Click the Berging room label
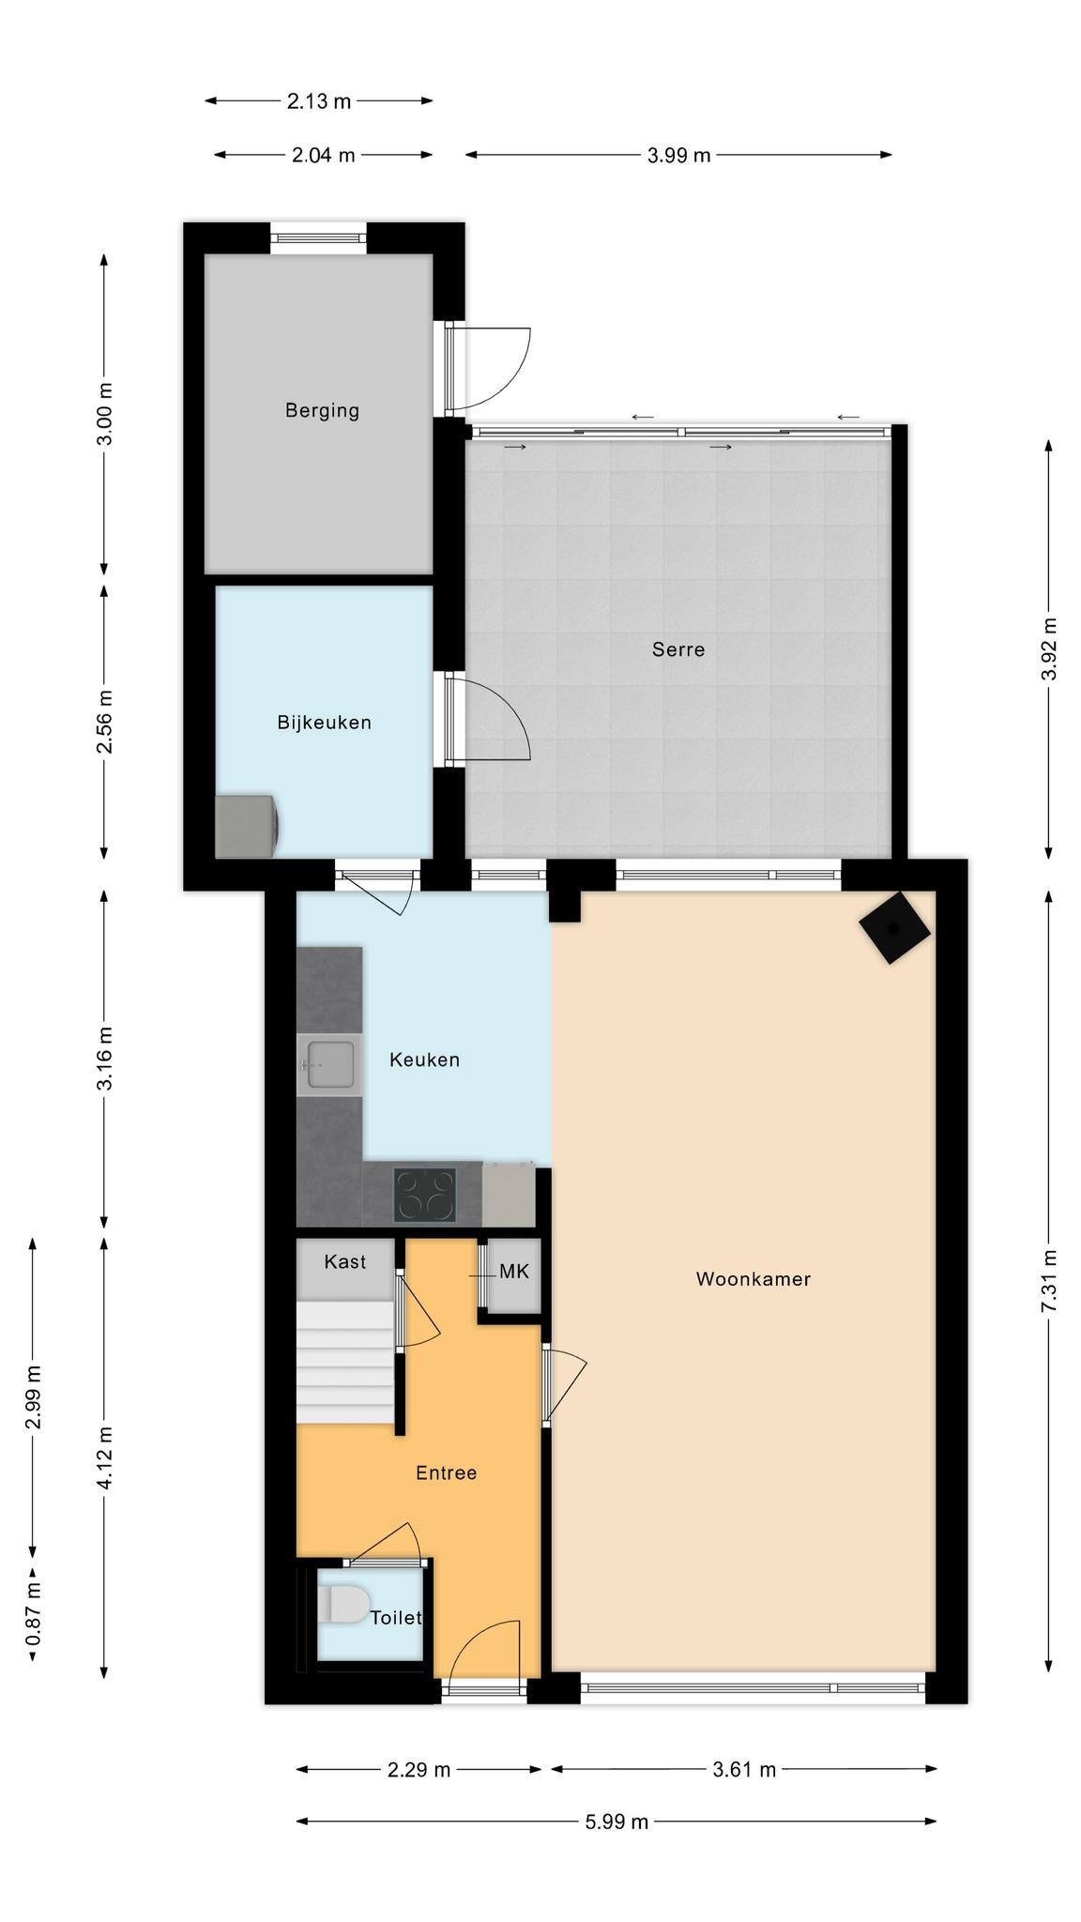[x=322, y=410]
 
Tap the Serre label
[x=678, y=648]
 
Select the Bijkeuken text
[x=324, y=722]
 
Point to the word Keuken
[x=424, y=1060]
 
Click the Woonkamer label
[x=754, y=1278]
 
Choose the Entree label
[x=446, y=1472]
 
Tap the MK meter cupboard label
[x=514, y=1272]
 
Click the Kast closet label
[x=344, y=1261]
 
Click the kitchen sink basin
[x=331, y=1064]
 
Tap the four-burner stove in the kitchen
[x=425, y=1195]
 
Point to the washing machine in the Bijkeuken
[x=248, y=826]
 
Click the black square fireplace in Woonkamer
[x=894, y=927]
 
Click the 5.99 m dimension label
[x=617, y=1822]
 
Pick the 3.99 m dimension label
[x=678, y=155]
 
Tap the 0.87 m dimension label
[x=33, y=1613]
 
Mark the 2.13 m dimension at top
[x=319, y=100]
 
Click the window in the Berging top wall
[x=319, y=238]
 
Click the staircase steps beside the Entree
[x=343, y=1362]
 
